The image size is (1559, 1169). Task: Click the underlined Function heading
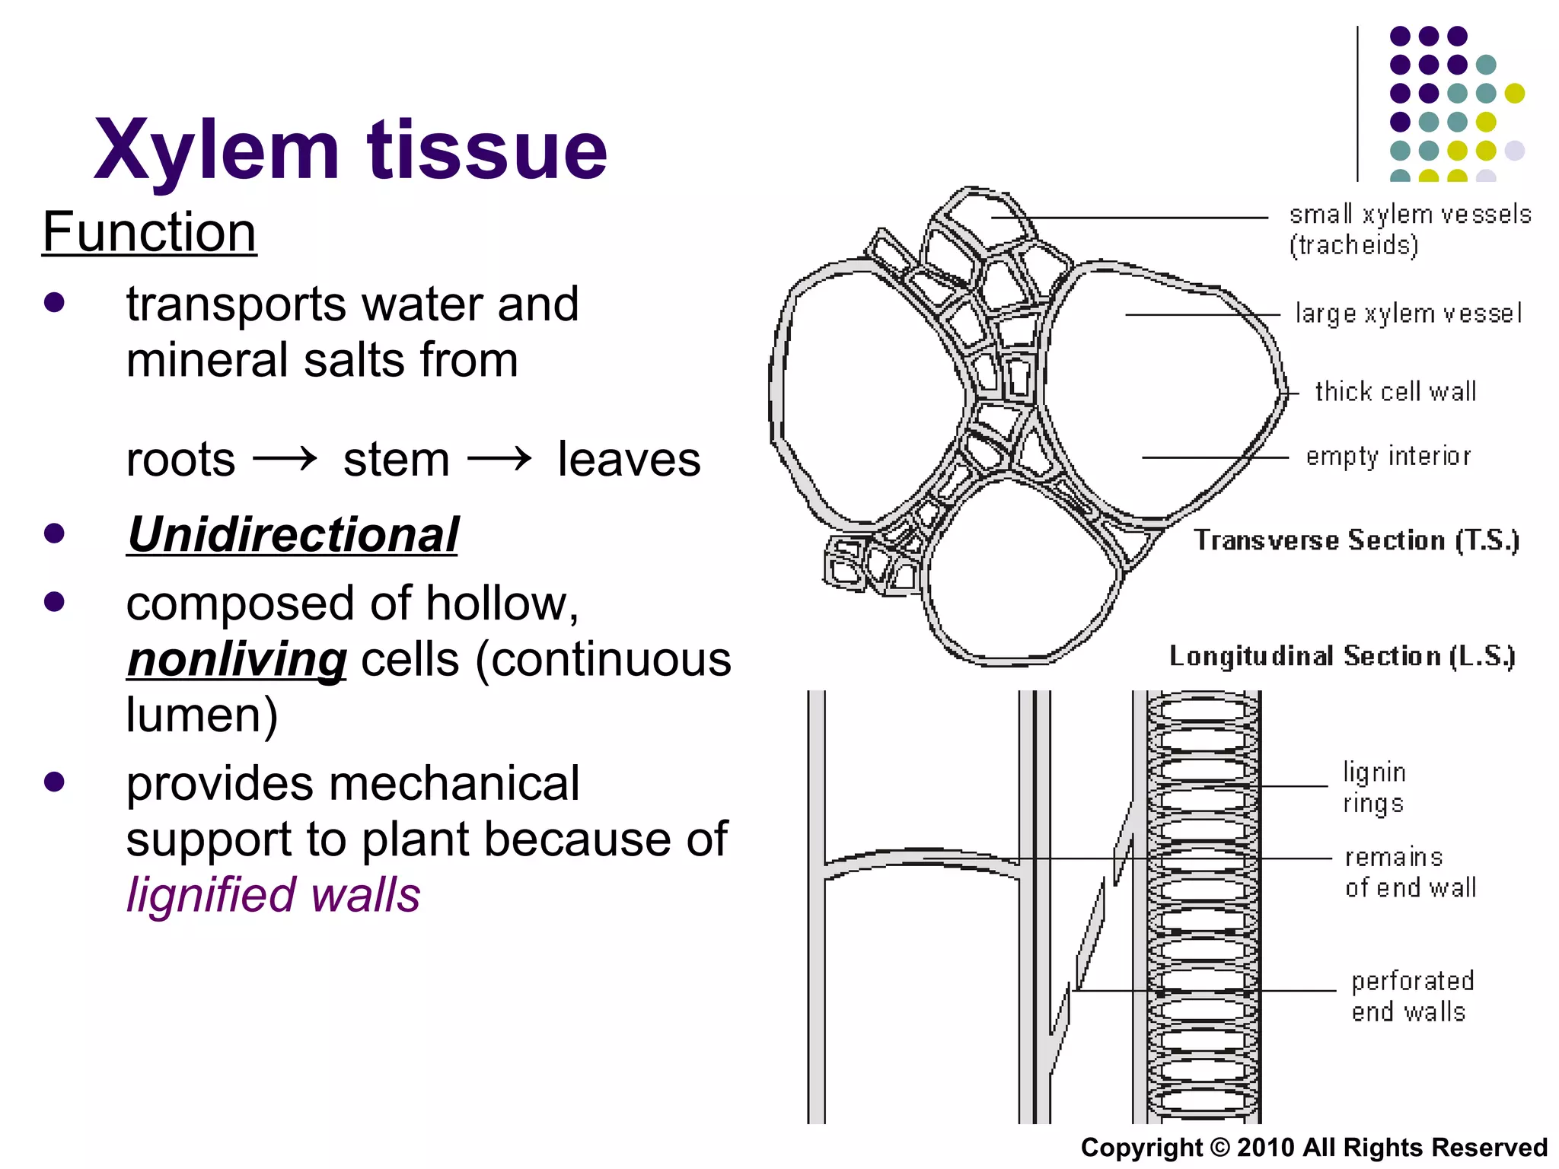point(149,232)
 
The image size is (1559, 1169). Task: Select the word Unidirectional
point(293,534)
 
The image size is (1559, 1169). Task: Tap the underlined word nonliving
point(237,659)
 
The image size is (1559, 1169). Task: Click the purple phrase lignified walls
point(273,895)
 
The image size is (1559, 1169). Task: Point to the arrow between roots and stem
point(285,459)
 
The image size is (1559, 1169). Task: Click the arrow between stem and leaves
point(499,459)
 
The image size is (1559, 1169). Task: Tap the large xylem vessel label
point(1408,314)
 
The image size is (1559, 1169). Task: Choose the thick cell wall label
point(1395,391)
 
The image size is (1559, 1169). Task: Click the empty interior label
point(1388,456)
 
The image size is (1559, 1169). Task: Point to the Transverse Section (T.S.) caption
point(1356,540)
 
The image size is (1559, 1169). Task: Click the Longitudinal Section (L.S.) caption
point(1342,656)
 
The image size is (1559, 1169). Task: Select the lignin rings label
point(1374,788)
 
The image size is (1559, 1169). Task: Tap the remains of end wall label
point(1410,872)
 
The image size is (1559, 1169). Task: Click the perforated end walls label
point(1412,996)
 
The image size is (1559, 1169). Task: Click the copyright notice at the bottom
point(1314,1147)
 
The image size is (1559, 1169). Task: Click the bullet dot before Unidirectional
point(54,534)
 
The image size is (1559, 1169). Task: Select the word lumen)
point(202,715)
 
